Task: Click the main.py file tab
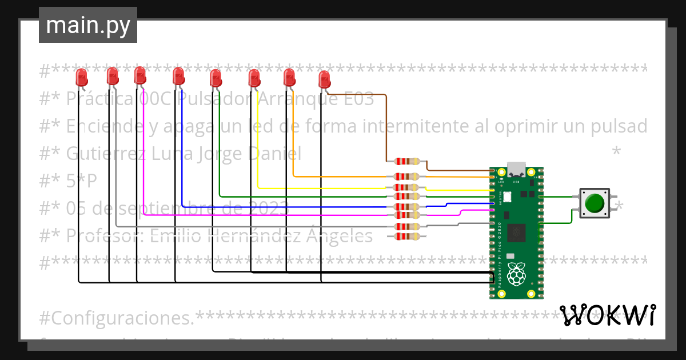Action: pyautogui.click(x=87, y=25)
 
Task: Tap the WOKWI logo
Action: pyautogui.click(x=608, y=315)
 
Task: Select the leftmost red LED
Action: pyautogui.click(x=82, y=77)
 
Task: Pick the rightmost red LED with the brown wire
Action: pyautogui.click(x=324, y=79)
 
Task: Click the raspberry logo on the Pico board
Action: pyautogui.click(x=516, y=274)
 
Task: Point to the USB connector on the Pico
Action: pyautogui.click(x=517, y=170)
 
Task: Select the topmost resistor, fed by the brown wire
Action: pyautogui.click(x=407, y=161)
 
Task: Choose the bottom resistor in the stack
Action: pyautogui.click(x=407, y=236)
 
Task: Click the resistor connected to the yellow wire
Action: pyautogui.click(x=407, y=187)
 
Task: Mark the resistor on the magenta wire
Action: pyautogui.click(x=407, y=215)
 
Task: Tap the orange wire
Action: pyautogui.click(x=293, y=143)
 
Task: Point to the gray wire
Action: pyautogui.click(x=116, y=171)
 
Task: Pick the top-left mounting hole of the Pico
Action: pyautogui.click(x=501, y=172)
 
